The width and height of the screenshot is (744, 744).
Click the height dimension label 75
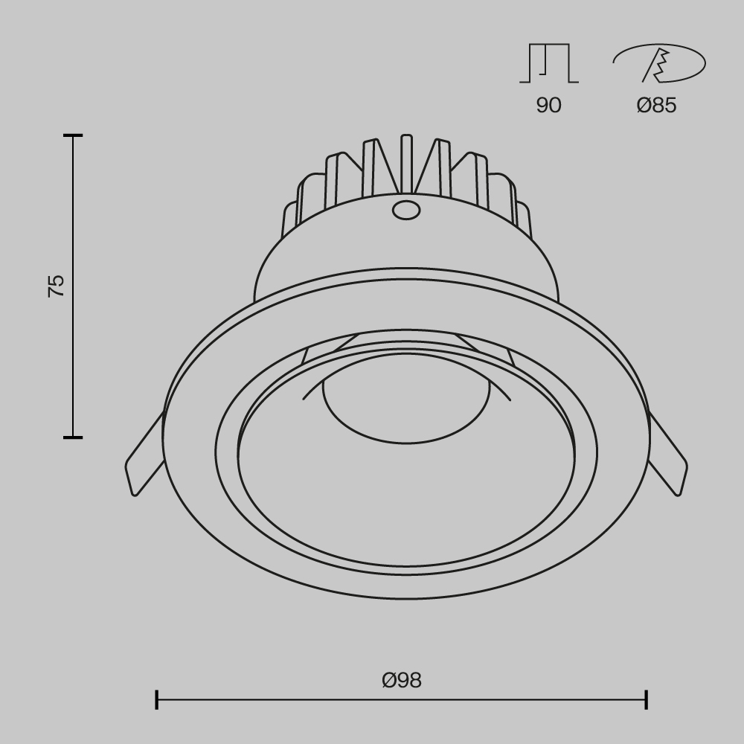(x=57, y=286)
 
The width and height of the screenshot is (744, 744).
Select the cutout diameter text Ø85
(x=656, y=106)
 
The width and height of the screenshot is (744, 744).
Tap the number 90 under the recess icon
(x=548, y=106)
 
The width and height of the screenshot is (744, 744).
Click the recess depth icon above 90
(x=548, y=63)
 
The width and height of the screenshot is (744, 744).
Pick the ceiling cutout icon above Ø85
(x=658, y=63)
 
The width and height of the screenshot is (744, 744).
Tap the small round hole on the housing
(x=405, y=211)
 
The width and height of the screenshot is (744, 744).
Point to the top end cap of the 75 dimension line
(x=73, y=135)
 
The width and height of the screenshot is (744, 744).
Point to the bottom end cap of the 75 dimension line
(x=73, y=437)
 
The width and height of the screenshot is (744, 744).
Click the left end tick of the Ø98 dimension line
(x=157, y=699)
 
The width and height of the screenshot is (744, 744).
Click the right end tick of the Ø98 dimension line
(x=646, y=699)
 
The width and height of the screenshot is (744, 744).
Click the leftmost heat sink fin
(x=291, y=223)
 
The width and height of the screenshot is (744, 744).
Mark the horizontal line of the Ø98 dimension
(x=402, y=699)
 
